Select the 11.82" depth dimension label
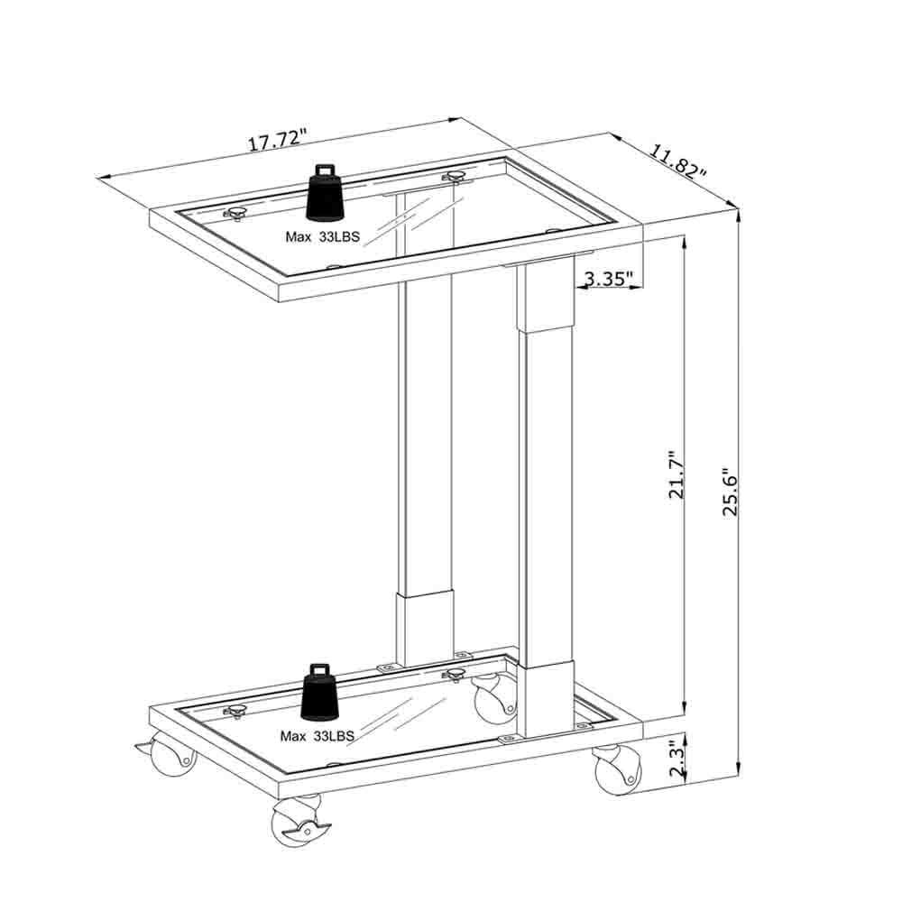677,161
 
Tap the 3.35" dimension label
609,279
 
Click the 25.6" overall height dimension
730,492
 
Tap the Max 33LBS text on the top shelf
322,237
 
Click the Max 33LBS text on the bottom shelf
317,736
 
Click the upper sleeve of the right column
545,298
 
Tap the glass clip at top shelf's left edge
237,213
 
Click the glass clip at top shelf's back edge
454,177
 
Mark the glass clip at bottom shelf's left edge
237,712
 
